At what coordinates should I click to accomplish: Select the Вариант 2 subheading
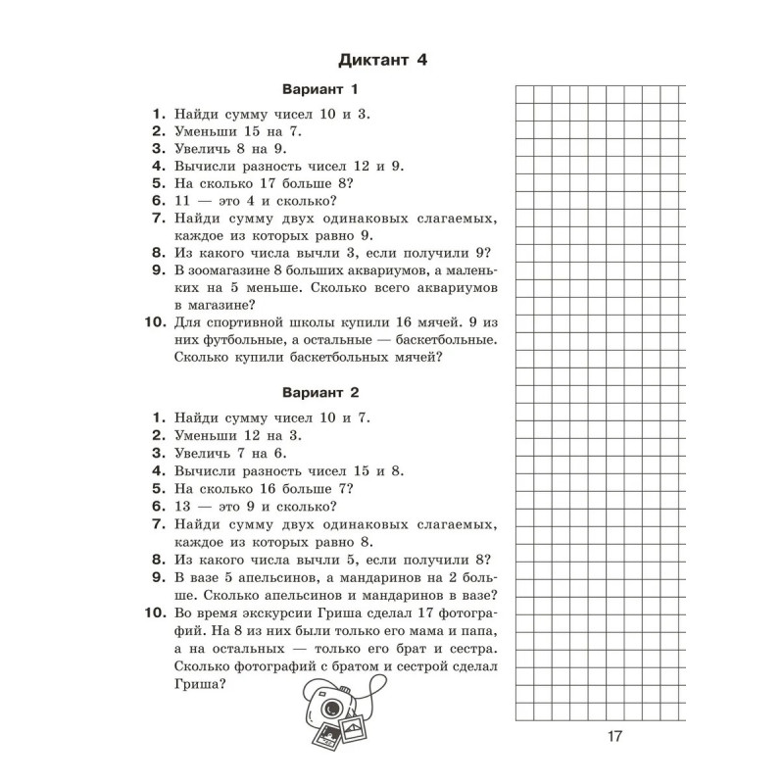[x=320, y=392]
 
